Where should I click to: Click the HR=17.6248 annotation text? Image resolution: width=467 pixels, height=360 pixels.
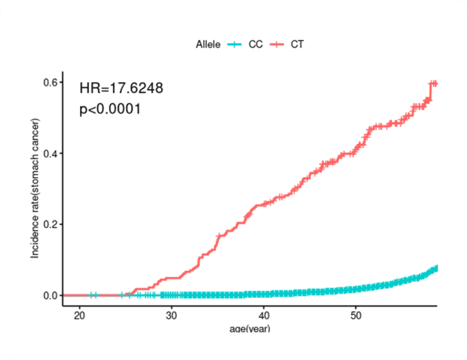click(121, 88)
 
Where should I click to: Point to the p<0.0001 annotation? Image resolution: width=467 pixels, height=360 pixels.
click(110, 109)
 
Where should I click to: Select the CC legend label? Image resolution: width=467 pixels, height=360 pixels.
click(256, 44)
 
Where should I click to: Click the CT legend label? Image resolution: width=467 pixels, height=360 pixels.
click(297, 44)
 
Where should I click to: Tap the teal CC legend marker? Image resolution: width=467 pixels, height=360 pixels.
click(235, 44)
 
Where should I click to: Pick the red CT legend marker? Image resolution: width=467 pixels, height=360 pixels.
click(276, 44)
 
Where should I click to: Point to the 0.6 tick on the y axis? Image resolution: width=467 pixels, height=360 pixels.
click(50, 82)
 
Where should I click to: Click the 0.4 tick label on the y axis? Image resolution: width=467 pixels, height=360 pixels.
click(50, 153)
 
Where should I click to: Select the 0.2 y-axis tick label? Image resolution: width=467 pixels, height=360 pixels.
click(50, 224)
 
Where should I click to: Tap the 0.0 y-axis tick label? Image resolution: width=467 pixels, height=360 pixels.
click(50, 295)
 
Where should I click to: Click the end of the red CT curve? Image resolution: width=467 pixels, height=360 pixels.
click(435, 83)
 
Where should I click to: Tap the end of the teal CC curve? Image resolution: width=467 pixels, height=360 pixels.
click(435, 268)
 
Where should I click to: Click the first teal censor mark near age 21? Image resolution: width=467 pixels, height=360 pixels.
click(91, 295)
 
